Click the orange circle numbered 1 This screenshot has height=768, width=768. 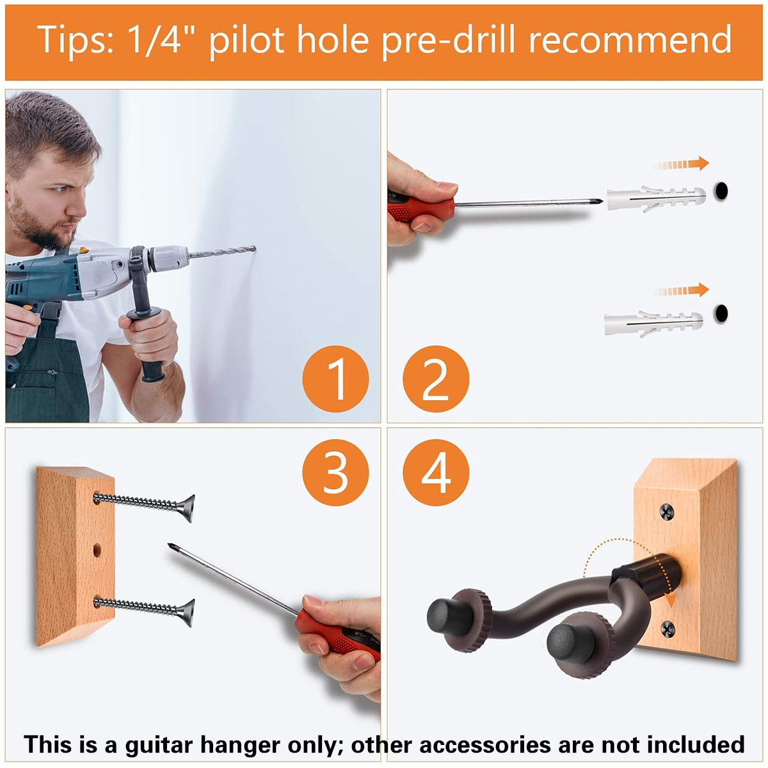click(335, 379)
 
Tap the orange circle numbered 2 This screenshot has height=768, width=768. click(436, 379)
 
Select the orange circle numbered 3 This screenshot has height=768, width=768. click(335, 473)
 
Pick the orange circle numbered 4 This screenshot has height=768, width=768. click(436, 473)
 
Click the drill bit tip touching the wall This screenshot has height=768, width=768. click(254, 249)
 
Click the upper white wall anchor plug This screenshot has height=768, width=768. click(656, 198)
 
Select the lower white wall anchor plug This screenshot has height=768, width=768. click(653, 324)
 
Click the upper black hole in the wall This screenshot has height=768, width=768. click(721, 191)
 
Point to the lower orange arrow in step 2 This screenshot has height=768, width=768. click(682, 290)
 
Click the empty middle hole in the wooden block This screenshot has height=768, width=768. click(97, 550)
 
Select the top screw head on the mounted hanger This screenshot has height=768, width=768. click(667, 511)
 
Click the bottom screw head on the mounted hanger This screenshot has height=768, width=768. click(668, 629)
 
